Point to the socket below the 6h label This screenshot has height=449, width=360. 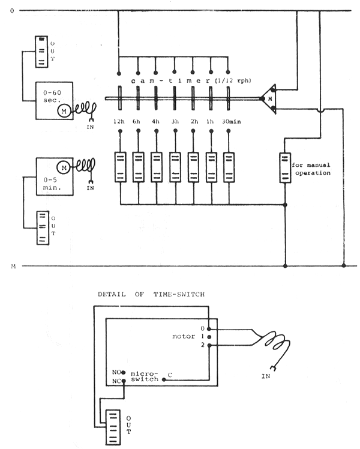click(138, 166)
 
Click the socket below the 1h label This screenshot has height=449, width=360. click(211, 166)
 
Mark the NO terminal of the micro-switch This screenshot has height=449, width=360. click(124, 372)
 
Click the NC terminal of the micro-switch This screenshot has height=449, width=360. click(124, 381)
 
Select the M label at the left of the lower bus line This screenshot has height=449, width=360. click(13, 265)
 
